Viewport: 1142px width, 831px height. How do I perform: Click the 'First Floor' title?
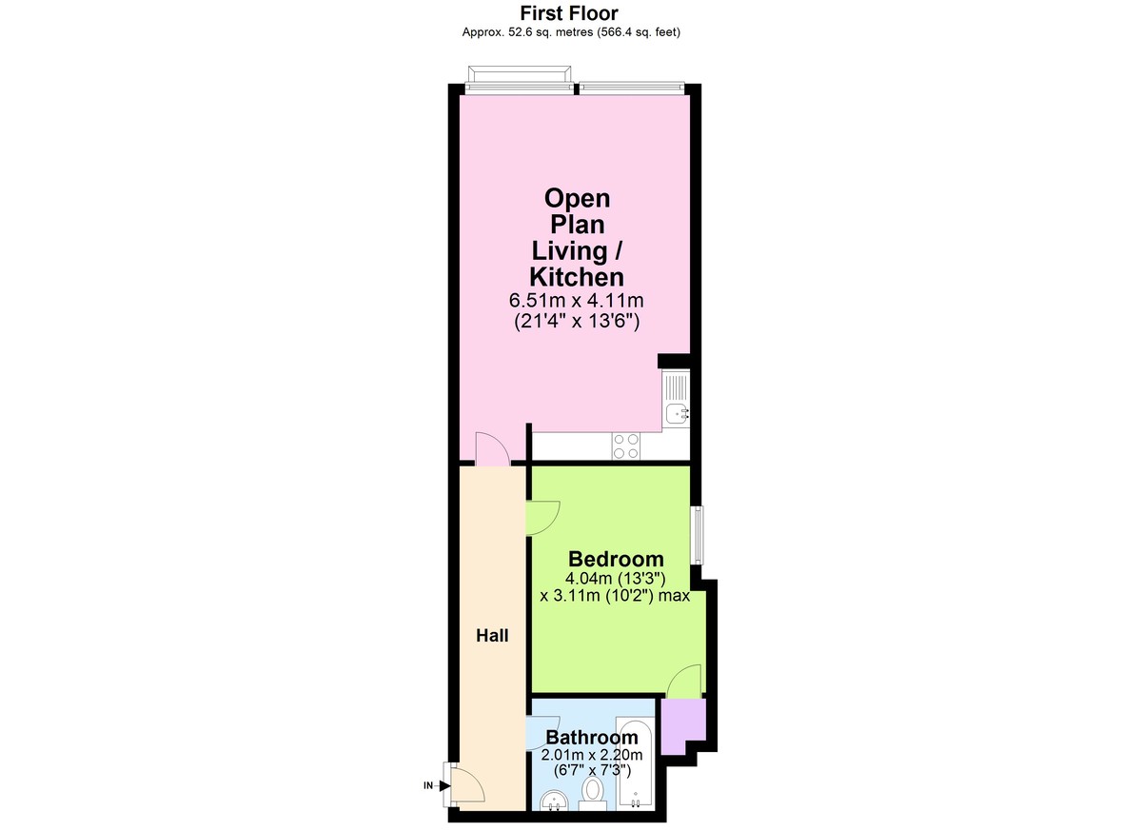569,13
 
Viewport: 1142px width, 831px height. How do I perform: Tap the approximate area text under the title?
570,31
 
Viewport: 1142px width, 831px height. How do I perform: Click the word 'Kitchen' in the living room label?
577,277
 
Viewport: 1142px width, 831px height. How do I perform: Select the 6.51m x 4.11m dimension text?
576,302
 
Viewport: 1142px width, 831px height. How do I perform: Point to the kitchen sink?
677,412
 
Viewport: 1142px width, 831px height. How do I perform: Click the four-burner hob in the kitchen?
626,445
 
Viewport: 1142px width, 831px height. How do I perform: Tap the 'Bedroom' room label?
616,559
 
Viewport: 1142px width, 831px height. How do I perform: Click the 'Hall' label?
492,635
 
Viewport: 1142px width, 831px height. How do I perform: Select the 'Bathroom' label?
592,738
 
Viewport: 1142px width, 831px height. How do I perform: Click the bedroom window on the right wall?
698,536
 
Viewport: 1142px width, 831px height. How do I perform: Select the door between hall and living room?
491,449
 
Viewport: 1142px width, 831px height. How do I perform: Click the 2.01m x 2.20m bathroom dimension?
592,756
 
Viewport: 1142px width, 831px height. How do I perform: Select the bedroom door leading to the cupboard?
684,682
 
